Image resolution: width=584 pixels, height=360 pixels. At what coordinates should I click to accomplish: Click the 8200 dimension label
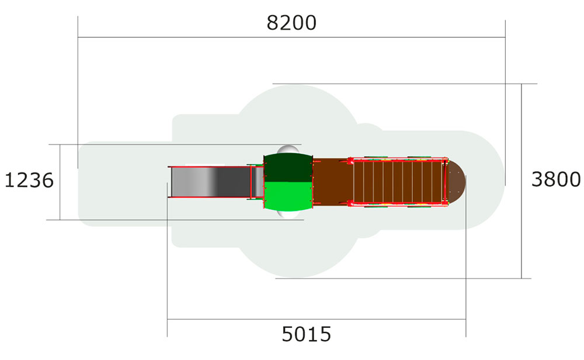point(291,23)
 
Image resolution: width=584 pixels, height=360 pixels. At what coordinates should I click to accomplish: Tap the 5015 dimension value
point(306,334)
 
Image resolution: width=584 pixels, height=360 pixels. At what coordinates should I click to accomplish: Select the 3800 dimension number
point(556,179)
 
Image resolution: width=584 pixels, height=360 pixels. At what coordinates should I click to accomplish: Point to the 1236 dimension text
point(29,181)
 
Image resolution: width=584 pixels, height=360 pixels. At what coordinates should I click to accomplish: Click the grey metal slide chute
point(210,182)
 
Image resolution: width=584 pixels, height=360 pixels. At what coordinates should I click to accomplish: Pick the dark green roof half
point(288,167)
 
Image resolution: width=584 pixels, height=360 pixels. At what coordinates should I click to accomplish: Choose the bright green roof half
point(288,196)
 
